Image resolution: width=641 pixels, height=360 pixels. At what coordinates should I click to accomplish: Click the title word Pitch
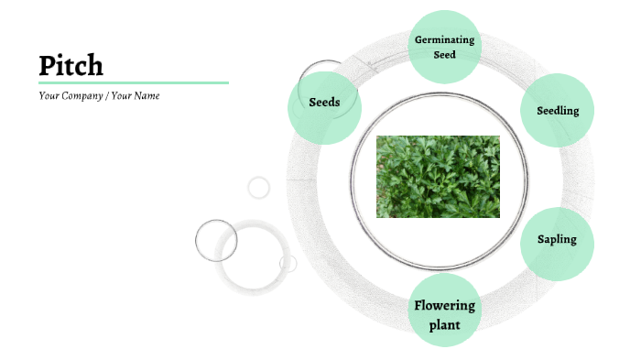[x=71, y=65]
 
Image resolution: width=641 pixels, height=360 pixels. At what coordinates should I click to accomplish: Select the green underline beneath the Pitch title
[x=133, y=82]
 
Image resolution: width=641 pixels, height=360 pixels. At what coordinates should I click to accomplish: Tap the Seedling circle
[x=557, y=110]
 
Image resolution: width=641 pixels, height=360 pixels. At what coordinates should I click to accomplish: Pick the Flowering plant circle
[x=444, y=311]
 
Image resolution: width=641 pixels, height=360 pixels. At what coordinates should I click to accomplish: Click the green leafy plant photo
[x=438, y=177]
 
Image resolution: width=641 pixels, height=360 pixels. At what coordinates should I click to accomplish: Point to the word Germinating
[x=444, y=40]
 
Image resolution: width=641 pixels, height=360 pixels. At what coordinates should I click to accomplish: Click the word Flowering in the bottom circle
[x=444, y=305]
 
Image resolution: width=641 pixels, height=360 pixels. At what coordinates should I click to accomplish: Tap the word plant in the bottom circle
[x=444, y=324]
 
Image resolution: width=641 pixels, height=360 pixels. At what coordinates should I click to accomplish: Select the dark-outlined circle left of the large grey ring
[x=216, y=240]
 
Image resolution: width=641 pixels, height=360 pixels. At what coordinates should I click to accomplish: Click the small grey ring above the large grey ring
[x=259, y=188]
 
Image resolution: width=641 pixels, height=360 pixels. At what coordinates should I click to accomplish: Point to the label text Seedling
[x=557, y=111]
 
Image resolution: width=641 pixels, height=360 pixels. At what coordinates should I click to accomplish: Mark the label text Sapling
[x=557, y=240]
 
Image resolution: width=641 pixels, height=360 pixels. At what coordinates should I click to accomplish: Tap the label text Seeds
[x=324, y=102]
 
